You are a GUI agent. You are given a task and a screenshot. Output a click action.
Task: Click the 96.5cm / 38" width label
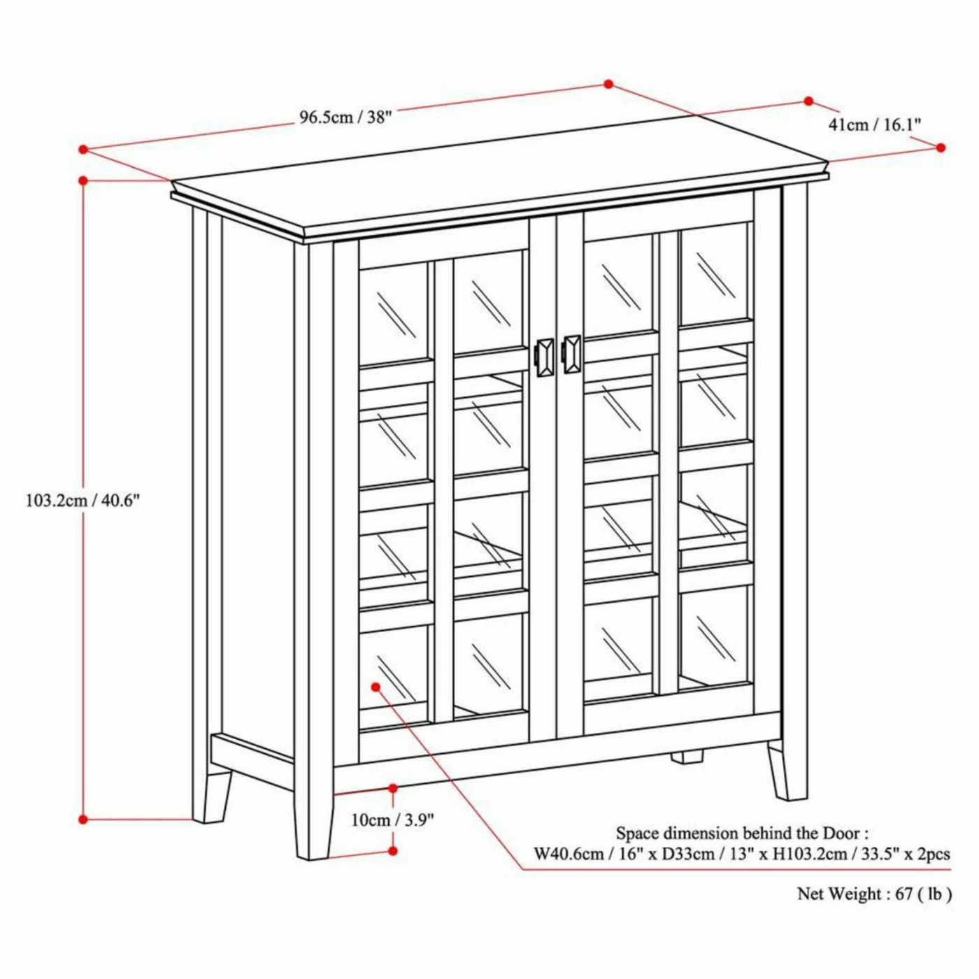pyautogui.click(x=345, y=117)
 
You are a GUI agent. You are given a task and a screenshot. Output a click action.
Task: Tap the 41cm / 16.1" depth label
pyautogui.click(x=874, y=124)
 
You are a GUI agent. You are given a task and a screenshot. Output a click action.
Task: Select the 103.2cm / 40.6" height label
pyautogui.click(x=83, y=500)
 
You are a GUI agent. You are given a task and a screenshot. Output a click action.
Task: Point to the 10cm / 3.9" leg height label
pyautogui.click(x=392, y=820)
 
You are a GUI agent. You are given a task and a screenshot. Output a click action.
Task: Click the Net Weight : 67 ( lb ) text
pyautogui.click(x=874, y=894)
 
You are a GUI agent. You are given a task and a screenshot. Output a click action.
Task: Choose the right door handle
pyautogui.click(x=571, y=355)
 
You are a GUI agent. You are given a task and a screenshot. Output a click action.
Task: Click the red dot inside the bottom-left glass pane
pyautogui.click(x=376, y=687)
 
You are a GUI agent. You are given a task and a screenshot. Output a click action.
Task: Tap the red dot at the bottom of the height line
pyautogui.click(x=83, y=819)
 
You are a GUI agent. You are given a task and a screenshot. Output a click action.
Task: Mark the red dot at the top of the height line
pyautogui.click(x=83, y=180)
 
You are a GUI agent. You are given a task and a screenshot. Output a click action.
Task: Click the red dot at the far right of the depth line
pyautogui.click(x=941, y=148)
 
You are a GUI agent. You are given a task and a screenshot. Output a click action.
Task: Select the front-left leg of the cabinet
pyautogui.click(x=313, y=825)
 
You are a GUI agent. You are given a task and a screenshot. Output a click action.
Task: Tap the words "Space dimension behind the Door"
pyautogui.click(x=741, y=834)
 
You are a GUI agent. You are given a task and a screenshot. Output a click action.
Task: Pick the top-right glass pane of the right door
pyautogui.click(x=714, y=273)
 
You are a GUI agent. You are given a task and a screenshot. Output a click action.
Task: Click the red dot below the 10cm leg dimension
pyautogui.click(x=393, y=850)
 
